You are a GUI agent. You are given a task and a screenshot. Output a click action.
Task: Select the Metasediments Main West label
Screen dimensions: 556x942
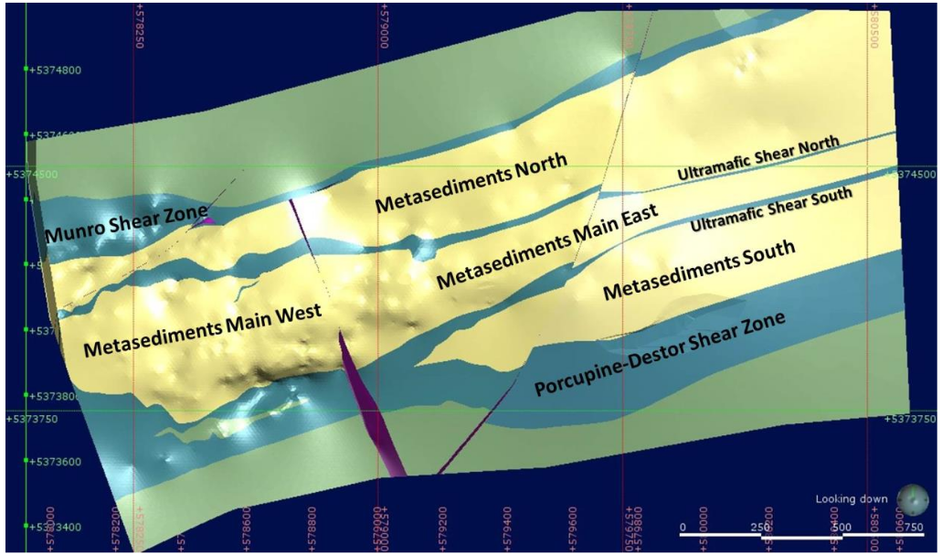coord(202,332)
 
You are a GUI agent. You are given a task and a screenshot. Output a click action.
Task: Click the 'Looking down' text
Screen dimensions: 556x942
coord(851,498)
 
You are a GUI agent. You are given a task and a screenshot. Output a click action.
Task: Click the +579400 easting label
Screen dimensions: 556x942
coord(506,529)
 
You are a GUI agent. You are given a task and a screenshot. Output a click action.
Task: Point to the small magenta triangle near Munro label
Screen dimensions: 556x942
coord(208,219)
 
